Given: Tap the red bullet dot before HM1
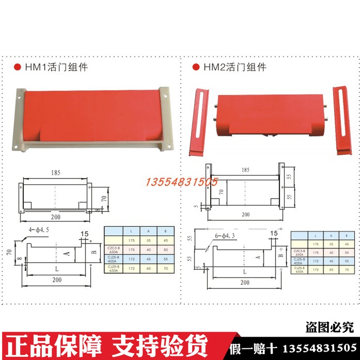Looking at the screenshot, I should (x=17, y=67).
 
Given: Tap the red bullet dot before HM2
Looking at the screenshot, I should (x=196, y=67).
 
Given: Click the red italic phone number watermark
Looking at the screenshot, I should (x=183, y=182).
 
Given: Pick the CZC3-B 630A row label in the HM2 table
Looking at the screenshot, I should (x=300, y=253).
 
